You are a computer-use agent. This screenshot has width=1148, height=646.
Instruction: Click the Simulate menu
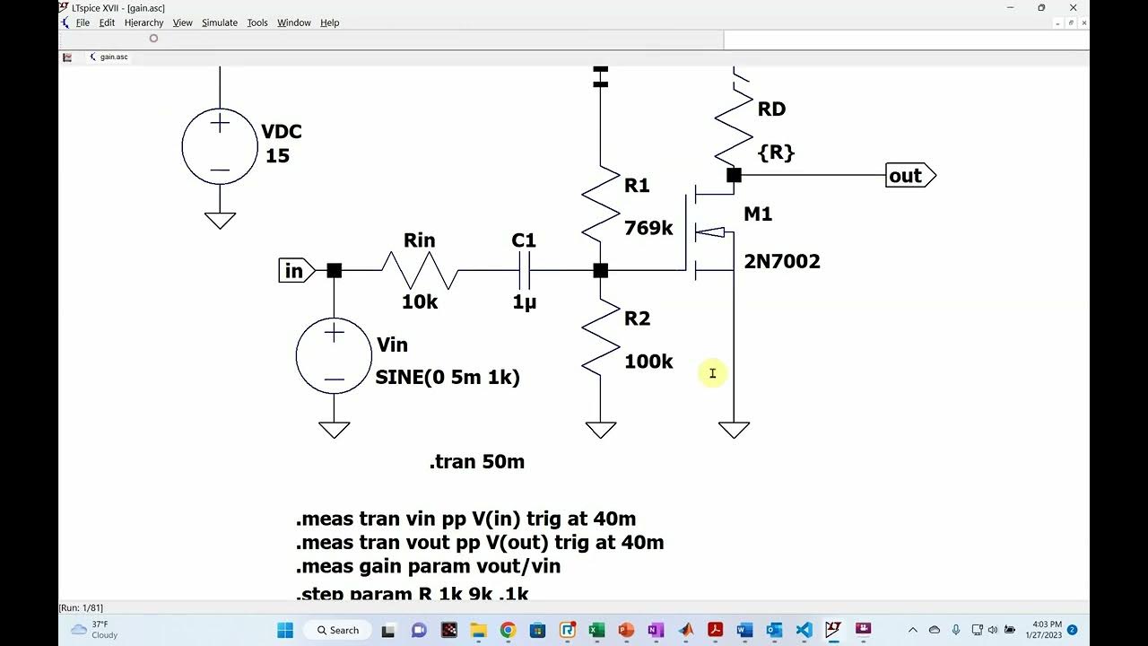(x=219, y=22)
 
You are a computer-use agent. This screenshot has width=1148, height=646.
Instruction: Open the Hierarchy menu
(x=143, y=22)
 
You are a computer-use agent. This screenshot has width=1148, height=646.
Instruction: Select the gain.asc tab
(x=113, y=57)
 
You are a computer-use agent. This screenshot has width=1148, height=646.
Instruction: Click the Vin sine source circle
(x=334, y=356)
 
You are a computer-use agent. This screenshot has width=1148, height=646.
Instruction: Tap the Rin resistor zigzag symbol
(x=420, y=270)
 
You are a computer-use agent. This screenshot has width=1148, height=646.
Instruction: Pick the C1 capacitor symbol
(x=525, y=270)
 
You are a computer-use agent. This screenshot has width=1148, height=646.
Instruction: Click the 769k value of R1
(x=648, y=228)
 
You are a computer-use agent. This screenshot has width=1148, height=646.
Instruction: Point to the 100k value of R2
(x=648, y=362)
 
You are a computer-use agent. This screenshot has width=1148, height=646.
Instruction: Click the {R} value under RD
(x=776, y=153)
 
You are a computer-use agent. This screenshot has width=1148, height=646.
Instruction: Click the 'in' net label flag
(x=295, y=270)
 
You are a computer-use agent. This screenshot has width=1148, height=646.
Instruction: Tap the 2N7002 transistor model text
(x=781, y=262)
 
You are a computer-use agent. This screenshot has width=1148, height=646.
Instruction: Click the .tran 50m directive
(x=477, y=462)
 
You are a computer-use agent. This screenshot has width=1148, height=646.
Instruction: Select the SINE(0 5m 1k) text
(x=448, y=378)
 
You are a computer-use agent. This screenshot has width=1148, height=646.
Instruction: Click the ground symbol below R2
(x=600, y=431)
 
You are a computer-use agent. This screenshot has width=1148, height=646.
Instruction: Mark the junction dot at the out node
(x=734, y=176)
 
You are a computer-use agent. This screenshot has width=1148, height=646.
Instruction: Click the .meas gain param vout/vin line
(x=429, y=566)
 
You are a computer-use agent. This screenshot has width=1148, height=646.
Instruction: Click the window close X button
(x=1073, y=8)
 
